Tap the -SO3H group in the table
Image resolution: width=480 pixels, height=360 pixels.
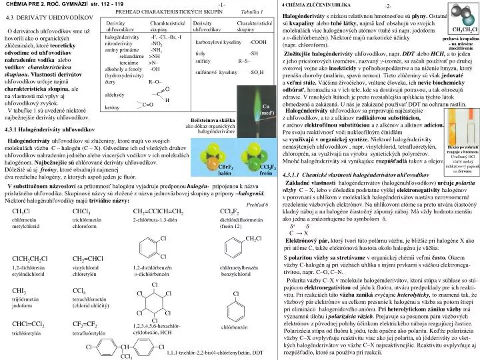(257, 89)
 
